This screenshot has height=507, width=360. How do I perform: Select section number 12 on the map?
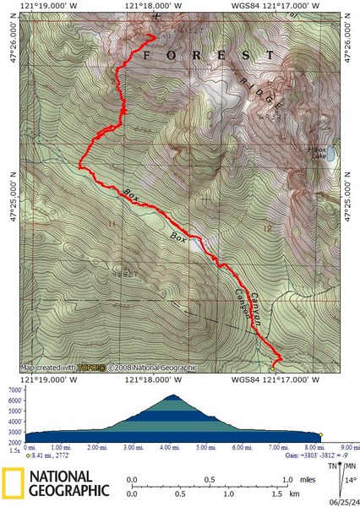click(268, 229)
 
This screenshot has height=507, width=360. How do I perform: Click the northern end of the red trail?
click(154, 35)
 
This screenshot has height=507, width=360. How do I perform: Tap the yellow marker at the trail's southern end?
click(272, 368)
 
